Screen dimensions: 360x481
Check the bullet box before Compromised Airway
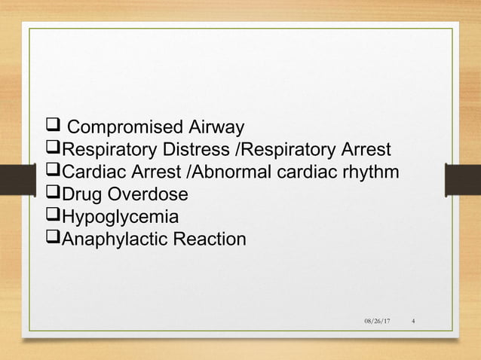(x=52, y=125)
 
